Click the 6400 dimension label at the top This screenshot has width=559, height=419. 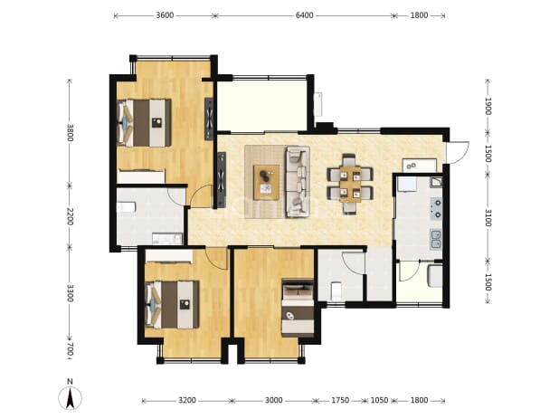coord(305,15)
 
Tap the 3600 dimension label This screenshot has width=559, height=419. coord(165,15)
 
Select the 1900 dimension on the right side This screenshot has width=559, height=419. coord(488,106)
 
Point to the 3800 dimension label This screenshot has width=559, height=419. coord(70,133)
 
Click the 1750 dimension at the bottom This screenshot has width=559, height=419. coord(340,401)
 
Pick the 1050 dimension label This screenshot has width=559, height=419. coord(379,401)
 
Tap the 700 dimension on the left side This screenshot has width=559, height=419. coord(70,349)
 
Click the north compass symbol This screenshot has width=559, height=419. coord(71,395)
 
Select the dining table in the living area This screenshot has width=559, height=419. coord(350,184)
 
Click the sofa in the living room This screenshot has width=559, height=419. coord(297,182)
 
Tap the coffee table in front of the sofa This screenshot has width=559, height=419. coord(266,182)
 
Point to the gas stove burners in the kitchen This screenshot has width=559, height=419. coord(436,209)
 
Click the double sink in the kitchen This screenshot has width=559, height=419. coord(436,239)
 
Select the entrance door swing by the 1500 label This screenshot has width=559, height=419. coord(459,153)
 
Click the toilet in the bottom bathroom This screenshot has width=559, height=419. coord(336,291)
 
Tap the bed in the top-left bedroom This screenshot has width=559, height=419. coord(144,123)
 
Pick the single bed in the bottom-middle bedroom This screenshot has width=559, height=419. coord(298,308)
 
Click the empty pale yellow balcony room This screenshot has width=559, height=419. coord(262,106)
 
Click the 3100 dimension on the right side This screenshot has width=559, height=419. coord(488,218)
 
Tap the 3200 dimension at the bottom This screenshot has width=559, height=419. coord(187,401)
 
